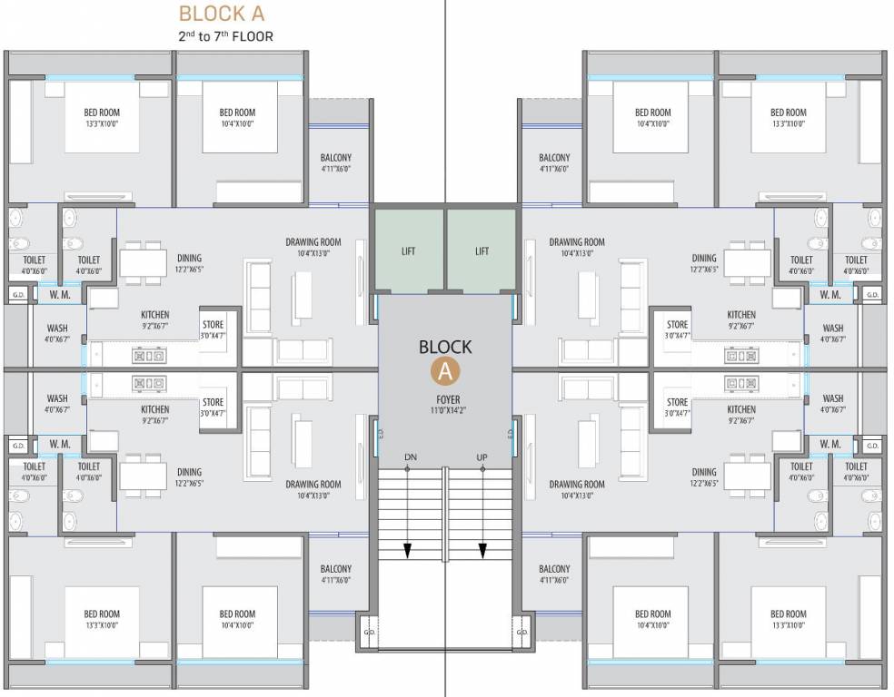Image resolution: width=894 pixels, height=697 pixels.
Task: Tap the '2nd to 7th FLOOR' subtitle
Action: point(225,37)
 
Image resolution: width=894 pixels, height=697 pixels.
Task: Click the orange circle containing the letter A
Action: point(444,369)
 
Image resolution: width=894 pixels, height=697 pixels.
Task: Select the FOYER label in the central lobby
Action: point(447,399)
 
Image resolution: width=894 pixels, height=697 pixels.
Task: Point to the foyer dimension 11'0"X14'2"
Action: point(447,411)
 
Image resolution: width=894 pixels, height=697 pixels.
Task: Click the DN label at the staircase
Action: point(410,456)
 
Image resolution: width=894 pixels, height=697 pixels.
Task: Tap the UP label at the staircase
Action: point(482,456)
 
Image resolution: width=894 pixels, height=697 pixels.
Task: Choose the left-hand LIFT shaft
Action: point(408,251)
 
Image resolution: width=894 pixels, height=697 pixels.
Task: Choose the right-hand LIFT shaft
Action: point(482,251)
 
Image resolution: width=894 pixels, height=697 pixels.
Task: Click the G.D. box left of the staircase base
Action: point(369,633)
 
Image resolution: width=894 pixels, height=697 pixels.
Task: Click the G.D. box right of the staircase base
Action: point(521,633)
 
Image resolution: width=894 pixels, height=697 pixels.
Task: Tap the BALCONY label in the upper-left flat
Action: point(335,158)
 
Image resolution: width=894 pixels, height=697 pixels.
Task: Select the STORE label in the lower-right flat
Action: point(677,402)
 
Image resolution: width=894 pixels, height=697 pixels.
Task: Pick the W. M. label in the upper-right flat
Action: point(829,295)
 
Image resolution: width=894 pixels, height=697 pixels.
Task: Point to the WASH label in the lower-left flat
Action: point(57,398)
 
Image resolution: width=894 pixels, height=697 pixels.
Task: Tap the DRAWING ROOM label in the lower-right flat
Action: point(576,485)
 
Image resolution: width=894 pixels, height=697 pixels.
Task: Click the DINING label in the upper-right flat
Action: point(703,258)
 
